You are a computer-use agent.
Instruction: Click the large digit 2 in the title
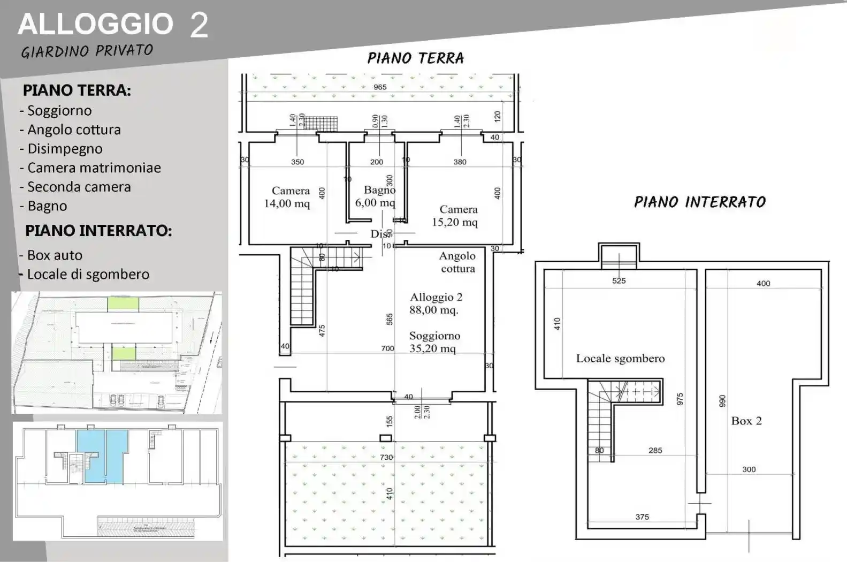click(x=199, y=25)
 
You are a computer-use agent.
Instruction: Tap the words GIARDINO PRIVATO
click(x=87, y=51)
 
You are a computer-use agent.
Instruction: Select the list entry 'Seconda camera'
click(x=79, y=187)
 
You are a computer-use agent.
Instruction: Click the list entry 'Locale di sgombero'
click(x=88, y=274)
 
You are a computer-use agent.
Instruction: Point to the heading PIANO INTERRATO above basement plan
click(x=699, y=202)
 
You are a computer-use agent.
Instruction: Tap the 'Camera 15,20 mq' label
click(x=456, y=216)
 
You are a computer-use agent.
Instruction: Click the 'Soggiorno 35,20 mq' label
click(x=434, y=342)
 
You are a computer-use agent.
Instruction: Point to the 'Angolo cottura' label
click(x=457, y=262)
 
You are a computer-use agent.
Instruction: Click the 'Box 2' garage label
click(x=746, y=421)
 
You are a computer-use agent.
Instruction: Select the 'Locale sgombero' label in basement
click(x=620, y=359)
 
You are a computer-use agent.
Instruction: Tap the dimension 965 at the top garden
click(x=380, y=87)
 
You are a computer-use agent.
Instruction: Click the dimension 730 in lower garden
click(x=386, y=457)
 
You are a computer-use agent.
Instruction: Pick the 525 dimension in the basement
click(x=619, y=280)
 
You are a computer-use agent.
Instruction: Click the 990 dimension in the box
click(x=722, y=401)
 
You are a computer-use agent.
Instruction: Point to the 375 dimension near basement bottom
click(x=642, y=517)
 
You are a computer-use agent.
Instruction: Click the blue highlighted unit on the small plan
click(x=102, y=455)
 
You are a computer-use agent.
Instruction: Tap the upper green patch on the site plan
click(x=123, y=305)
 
